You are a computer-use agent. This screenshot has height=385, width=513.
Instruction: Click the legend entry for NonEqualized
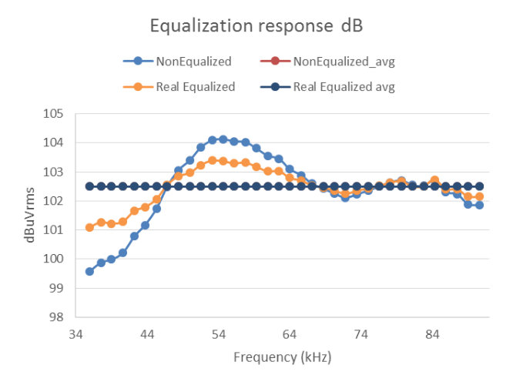click(193, 61)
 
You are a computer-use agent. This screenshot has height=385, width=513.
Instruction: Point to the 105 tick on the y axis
click(53, 114)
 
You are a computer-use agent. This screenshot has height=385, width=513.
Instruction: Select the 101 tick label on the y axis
click(53, 229)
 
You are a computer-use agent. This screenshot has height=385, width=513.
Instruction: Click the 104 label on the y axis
click(53, 143)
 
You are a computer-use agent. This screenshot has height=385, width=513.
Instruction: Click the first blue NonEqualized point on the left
click(89, 271)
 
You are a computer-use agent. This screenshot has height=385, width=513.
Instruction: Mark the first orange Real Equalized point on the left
click(89, 227)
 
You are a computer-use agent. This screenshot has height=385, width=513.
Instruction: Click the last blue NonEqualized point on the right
click(479, 205)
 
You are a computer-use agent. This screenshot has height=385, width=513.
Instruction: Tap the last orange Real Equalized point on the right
click(479, 196)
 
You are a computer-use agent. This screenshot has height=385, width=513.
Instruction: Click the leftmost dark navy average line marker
click(89, 186)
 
